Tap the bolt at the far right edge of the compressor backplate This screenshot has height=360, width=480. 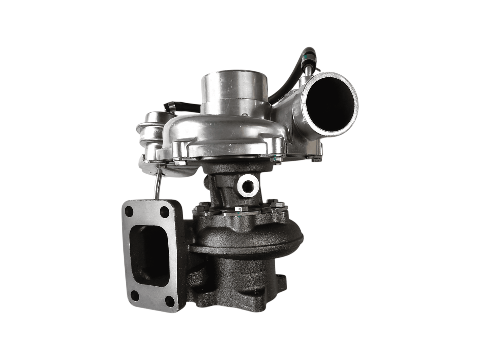(x=314, y=159)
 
